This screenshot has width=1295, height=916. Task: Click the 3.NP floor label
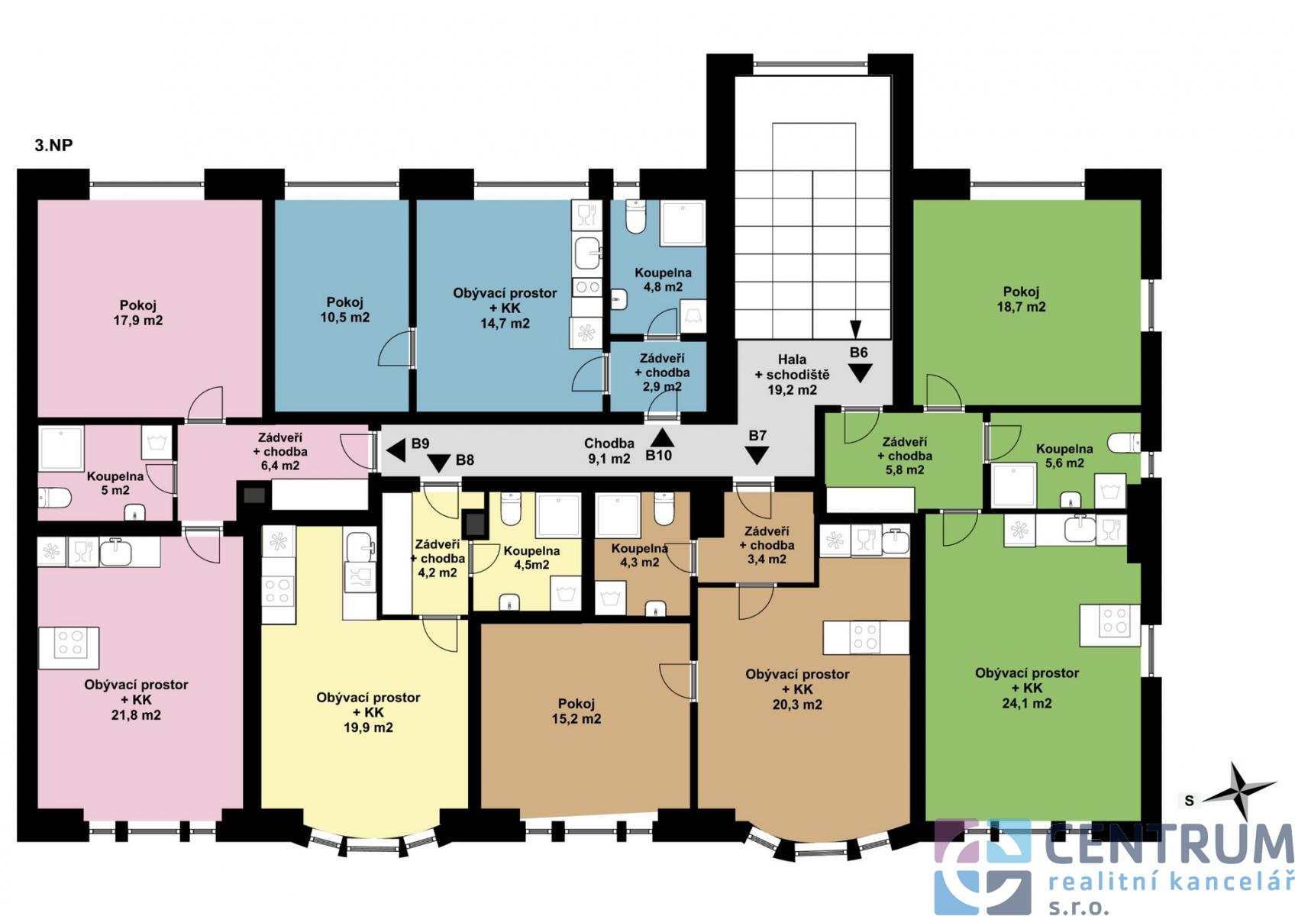click(53, 145)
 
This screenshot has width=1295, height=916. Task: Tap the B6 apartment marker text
click(858, 352)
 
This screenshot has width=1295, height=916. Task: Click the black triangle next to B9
click(396, 450)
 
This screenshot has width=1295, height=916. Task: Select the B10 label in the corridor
click(658, 456)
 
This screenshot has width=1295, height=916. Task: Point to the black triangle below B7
click(756, 456)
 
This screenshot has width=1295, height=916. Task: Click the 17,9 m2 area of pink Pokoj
click(138, 320)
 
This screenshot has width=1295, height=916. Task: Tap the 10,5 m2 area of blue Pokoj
click(345, 318)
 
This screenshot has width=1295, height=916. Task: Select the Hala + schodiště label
click(792, 375)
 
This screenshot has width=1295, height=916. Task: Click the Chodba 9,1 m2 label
click(609, 451)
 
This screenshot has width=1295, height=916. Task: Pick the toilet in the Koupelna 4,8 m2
click(635, 217)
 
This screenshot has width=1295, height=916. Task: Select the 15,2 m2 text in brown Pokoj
click(576, 719)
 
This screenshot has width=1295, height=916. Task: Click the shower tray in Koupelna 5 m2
click(61, 449)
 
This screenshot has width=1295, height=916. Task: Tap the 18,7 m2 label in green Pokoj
click(1021, 307)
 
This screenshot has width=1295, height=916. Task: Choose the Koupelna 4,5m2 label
click(531, 558)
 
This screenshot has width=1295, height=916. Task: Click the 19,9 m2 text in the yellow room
click(368, 727)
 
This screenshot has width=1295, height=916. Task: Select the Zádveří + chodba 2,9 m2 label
click(662, 373)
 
